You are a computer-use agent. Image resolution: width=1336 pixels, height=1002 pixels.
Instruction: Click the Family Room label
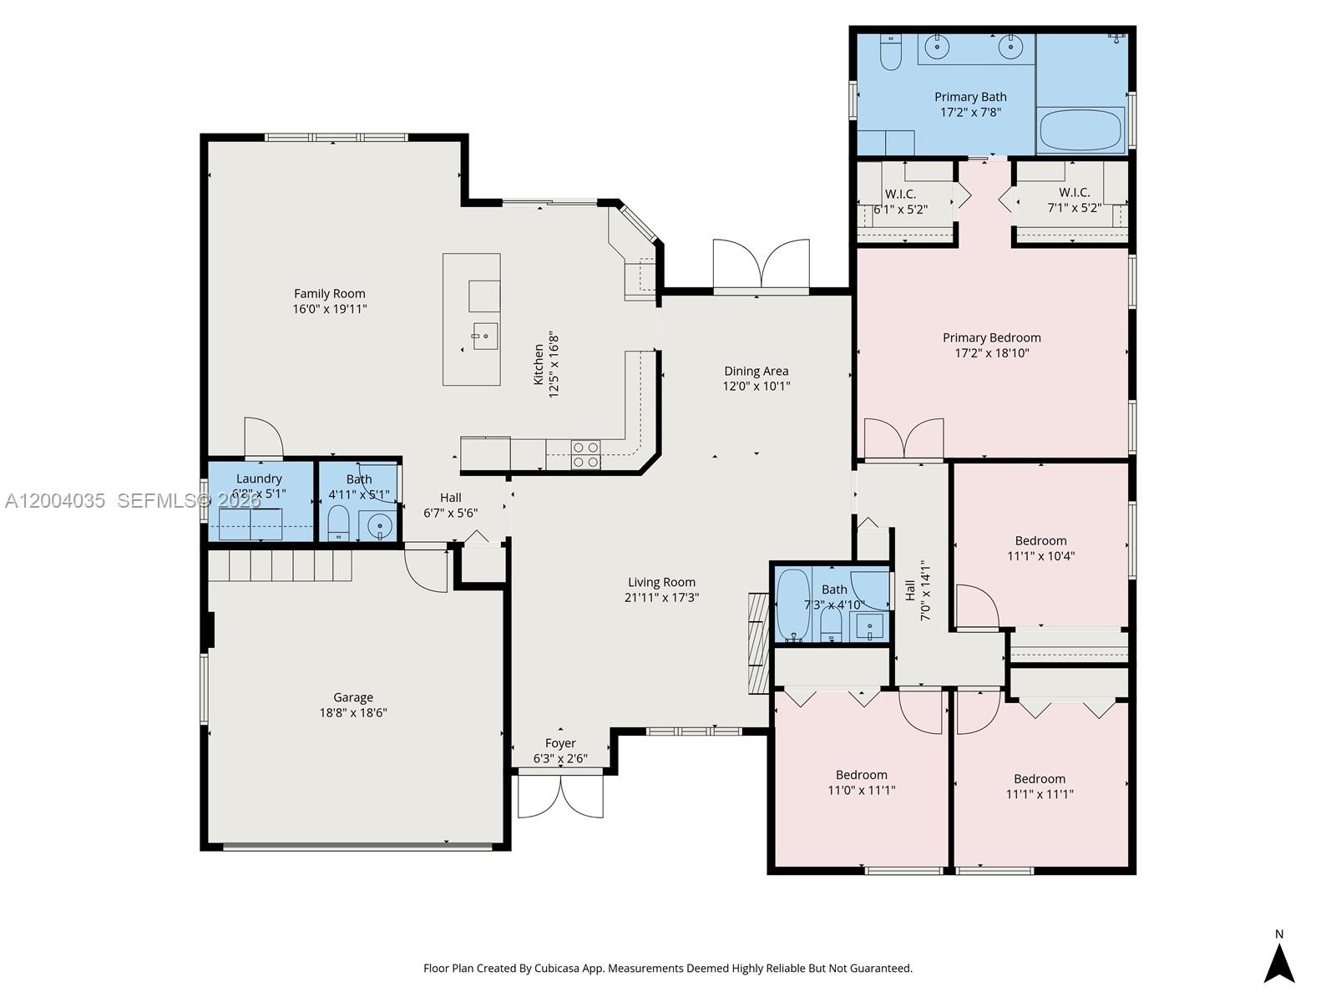click(329, 294)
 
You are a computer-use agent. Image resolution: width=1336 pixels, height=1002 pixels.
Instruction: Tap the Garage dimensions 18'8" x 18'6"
click(352, 713)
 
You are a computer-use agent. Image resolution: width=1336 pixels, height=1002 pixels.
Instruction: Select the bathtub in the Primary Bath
click(1080, 130)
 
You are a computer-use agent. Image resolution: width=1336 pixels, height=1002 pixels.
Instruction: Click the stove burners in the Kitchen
click(585, 454)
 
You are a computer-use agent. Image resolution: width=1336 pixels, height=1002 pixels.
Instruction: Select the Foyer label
click(560, 743)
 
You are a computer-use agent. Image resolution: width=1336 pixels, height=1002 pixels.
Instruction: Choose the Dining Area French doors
click(761, 266)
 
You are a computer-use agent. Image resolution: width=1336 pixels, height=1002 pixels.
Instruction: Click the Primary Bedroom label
click(991, 338)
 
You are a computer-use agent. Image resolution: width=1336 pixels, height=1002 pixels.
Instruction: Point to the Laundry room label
click(259, 478)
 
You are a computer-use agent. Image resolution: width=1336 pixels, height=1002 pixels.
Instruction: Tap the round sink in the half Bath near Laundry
click(380, 526)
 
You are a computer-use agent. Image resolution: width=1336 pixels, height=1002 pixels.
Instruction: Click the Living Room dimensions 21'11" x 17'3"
click(661, 598)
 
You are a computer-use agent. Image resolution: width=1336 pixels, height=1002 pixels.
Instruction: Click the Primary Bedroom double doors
click(903, 440)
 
